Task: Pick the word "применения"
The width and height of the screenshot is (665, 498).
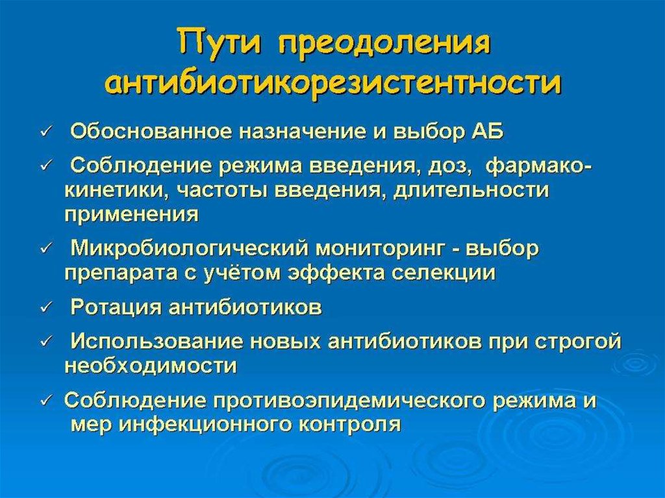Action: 131,214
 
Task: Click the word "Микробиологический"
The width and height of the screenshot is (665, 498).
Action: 190,249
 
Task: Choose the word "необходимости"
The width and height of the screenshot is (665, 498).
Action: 151,366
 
